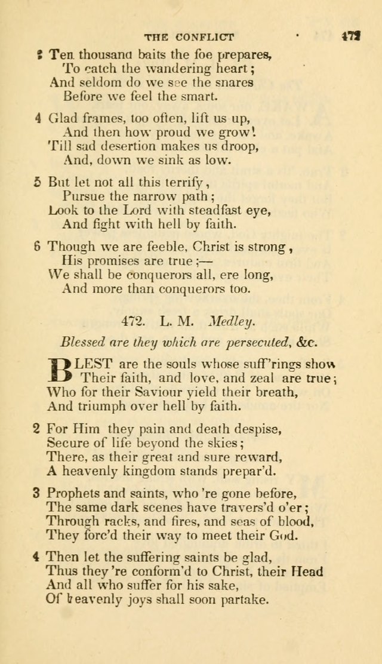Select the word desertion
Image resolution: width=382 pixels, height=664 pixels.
pyautogui.click(x=103, y=145)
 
